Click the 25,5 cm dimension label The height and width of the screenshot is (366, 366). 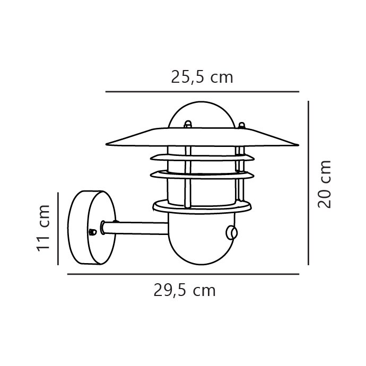202,77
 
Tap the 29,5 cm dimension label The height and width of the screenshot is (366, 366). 185,290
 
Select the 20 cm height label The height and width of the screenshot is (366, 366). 325,184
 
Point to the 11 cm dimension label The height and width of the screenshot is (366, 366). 43,228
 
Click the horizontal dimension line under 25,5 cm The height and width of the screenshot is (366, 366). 202,92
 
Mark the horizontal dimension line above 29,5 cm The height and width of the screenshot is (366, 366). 183,274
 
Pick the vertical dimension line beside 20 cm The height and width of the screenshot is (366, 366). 308,183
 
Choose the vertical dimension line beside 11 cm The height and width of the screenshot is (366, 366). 58,229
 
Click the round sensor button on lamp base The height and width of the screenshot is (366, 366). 232,233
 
